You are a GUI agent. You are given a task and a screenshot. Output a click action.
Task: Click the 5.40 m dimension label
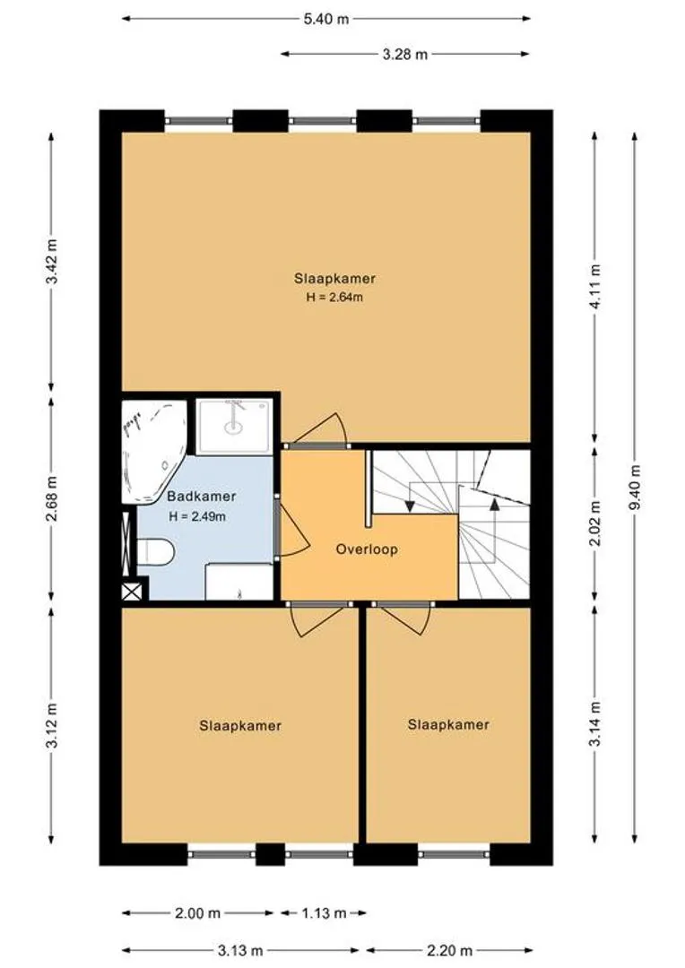tap(325, 19)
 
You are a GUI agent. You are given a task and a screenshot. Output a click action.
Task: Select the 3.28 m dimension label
tap(404, 55)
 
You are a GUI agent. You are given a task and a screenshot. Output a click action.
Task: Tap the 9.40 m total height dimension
tap(635, 486)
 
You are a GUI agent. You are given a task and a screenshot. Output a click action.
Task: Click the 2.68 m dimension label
tap(53, 499)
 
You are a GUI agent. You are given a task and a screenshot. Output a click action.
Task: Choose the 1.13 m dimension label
tap(323, 913)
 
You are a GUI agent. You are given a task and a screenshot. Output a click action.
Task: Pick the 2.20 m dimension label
tap(450, 950)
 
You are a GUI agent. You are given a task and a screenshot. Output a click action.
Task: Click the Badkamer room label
tap(202, 496)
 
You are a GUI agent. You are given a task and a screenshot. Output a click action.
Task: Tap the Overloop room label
tap(367, 549)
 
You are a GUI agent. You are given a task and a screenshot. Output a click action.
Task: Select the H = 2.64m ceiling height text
tap(334, 297)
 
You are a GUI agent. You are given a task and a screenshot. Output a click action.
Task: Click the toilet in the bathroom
tap(154, 551)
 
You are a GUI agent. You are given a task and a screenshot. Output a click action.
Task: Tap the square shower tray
tap(233, 425)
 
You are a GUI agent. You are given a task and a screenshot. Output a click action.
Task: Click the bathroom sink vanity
tap(239, 581)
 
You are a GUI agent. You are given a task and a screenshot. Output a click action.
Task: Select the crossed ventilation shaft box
tap(132, 592)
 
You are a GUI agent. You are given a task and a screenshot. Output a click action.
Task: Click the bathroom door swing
tap(291, 528)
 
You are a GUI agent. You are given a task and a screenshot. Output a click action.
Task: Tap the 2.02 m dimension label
tap(595, 523)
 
